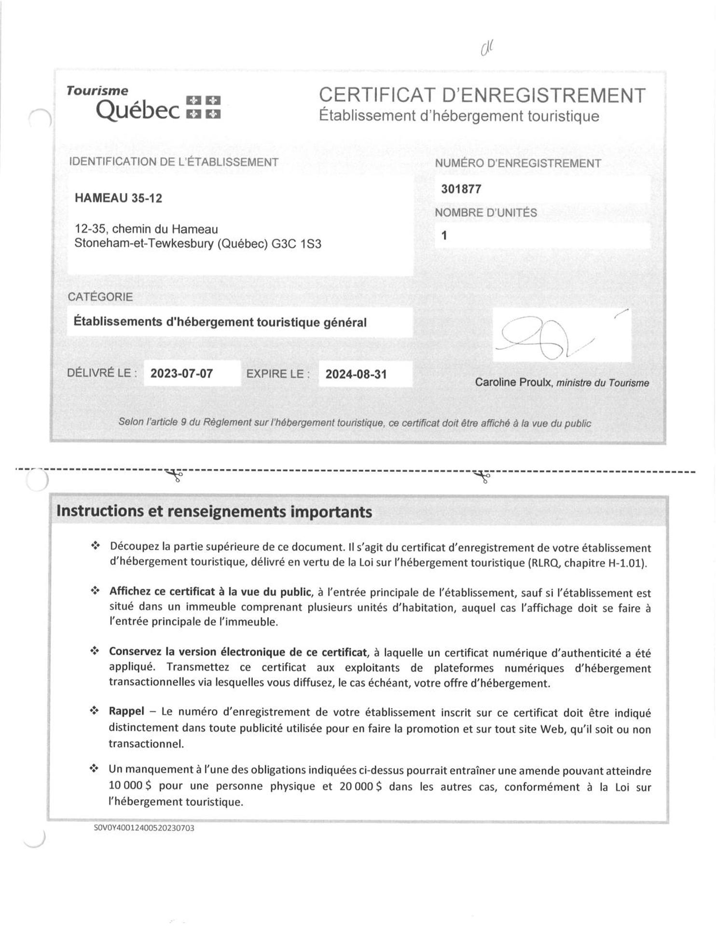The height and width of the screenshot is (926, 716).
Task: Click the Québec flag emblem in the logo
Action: [203, 107]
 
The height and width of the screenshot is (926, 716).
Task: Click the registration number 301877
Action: [461, 189]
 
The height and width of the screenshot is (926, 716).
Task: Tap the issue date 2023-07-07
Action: [181, 374]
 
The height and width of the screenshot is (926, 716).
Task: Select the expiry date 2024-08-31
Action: [356, 374]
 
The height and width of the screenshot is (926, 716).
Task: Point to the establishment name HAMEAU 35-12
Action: [118, 198]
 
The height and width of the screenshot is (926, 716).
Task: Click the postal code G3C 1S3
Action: [296, 244]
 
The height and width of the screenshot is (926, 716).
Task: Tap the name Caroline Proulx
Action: [514, 382]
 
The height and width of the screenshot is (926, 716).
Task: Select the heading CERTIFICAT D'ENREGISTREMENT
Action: [482, 95]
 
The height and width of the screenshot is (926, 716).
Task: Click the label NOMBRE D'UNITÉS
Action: [485, 213]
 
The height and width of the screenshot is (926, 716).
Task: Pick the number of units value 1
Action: [444, 236]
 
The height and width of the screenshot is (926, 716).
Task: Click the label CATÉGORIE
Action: [100, 297]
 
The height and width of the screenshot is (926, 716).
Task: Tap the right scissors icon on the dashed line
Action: [482, 477]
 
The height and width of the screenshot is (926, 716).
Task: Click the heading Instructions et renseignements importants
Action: [214, 512]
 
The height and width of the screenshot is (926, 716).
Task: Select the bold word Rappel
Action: [126, 711]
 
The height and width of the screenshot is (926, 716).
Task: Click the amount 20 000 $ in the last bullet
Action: [360, 787]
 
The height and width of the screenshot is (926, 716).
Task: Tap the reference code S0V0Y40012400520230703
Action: [144, 829]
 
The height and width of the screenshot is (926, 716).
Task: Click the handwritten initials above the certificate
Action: [488, 48]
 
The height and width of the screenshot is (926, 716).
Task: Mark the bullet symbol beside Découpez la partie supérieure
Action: [95, 546]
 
